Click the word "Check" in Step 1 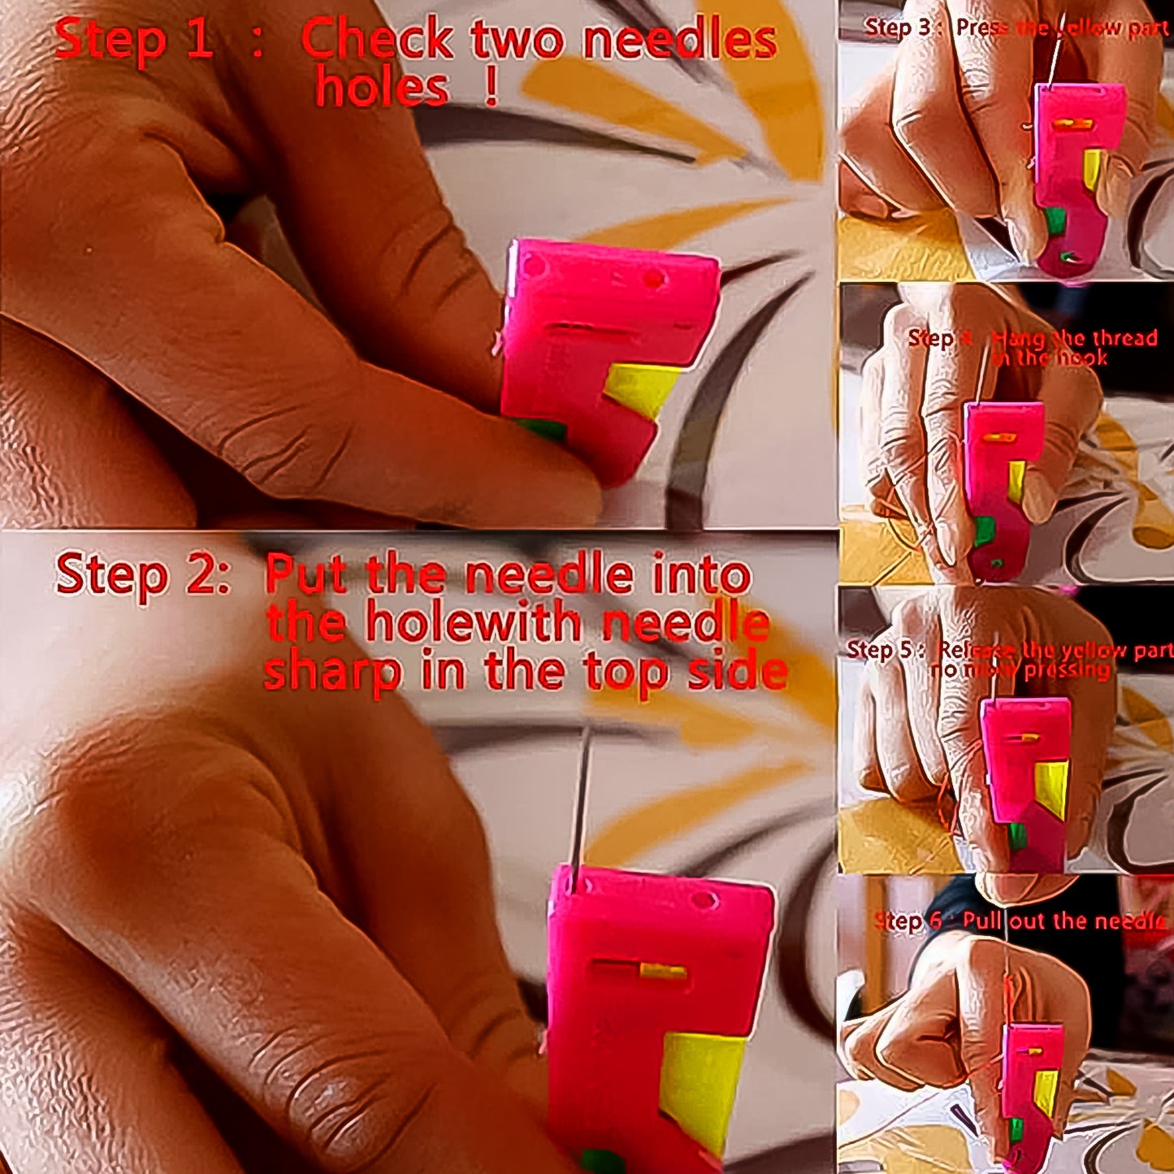tap(377, 38)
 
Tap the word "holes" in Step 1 tap(382, 88)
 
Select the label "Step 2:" tap(142, 574)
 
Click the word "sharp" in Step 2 tap(333, 671)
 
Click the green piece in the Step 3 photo tap(1055, 221)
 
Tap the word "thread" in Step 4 tap(1124, 338)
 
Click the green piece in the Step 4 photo tap(984, 531)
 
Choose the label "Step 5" tap(881, 649)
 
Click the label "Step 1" tap(134, 38)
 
